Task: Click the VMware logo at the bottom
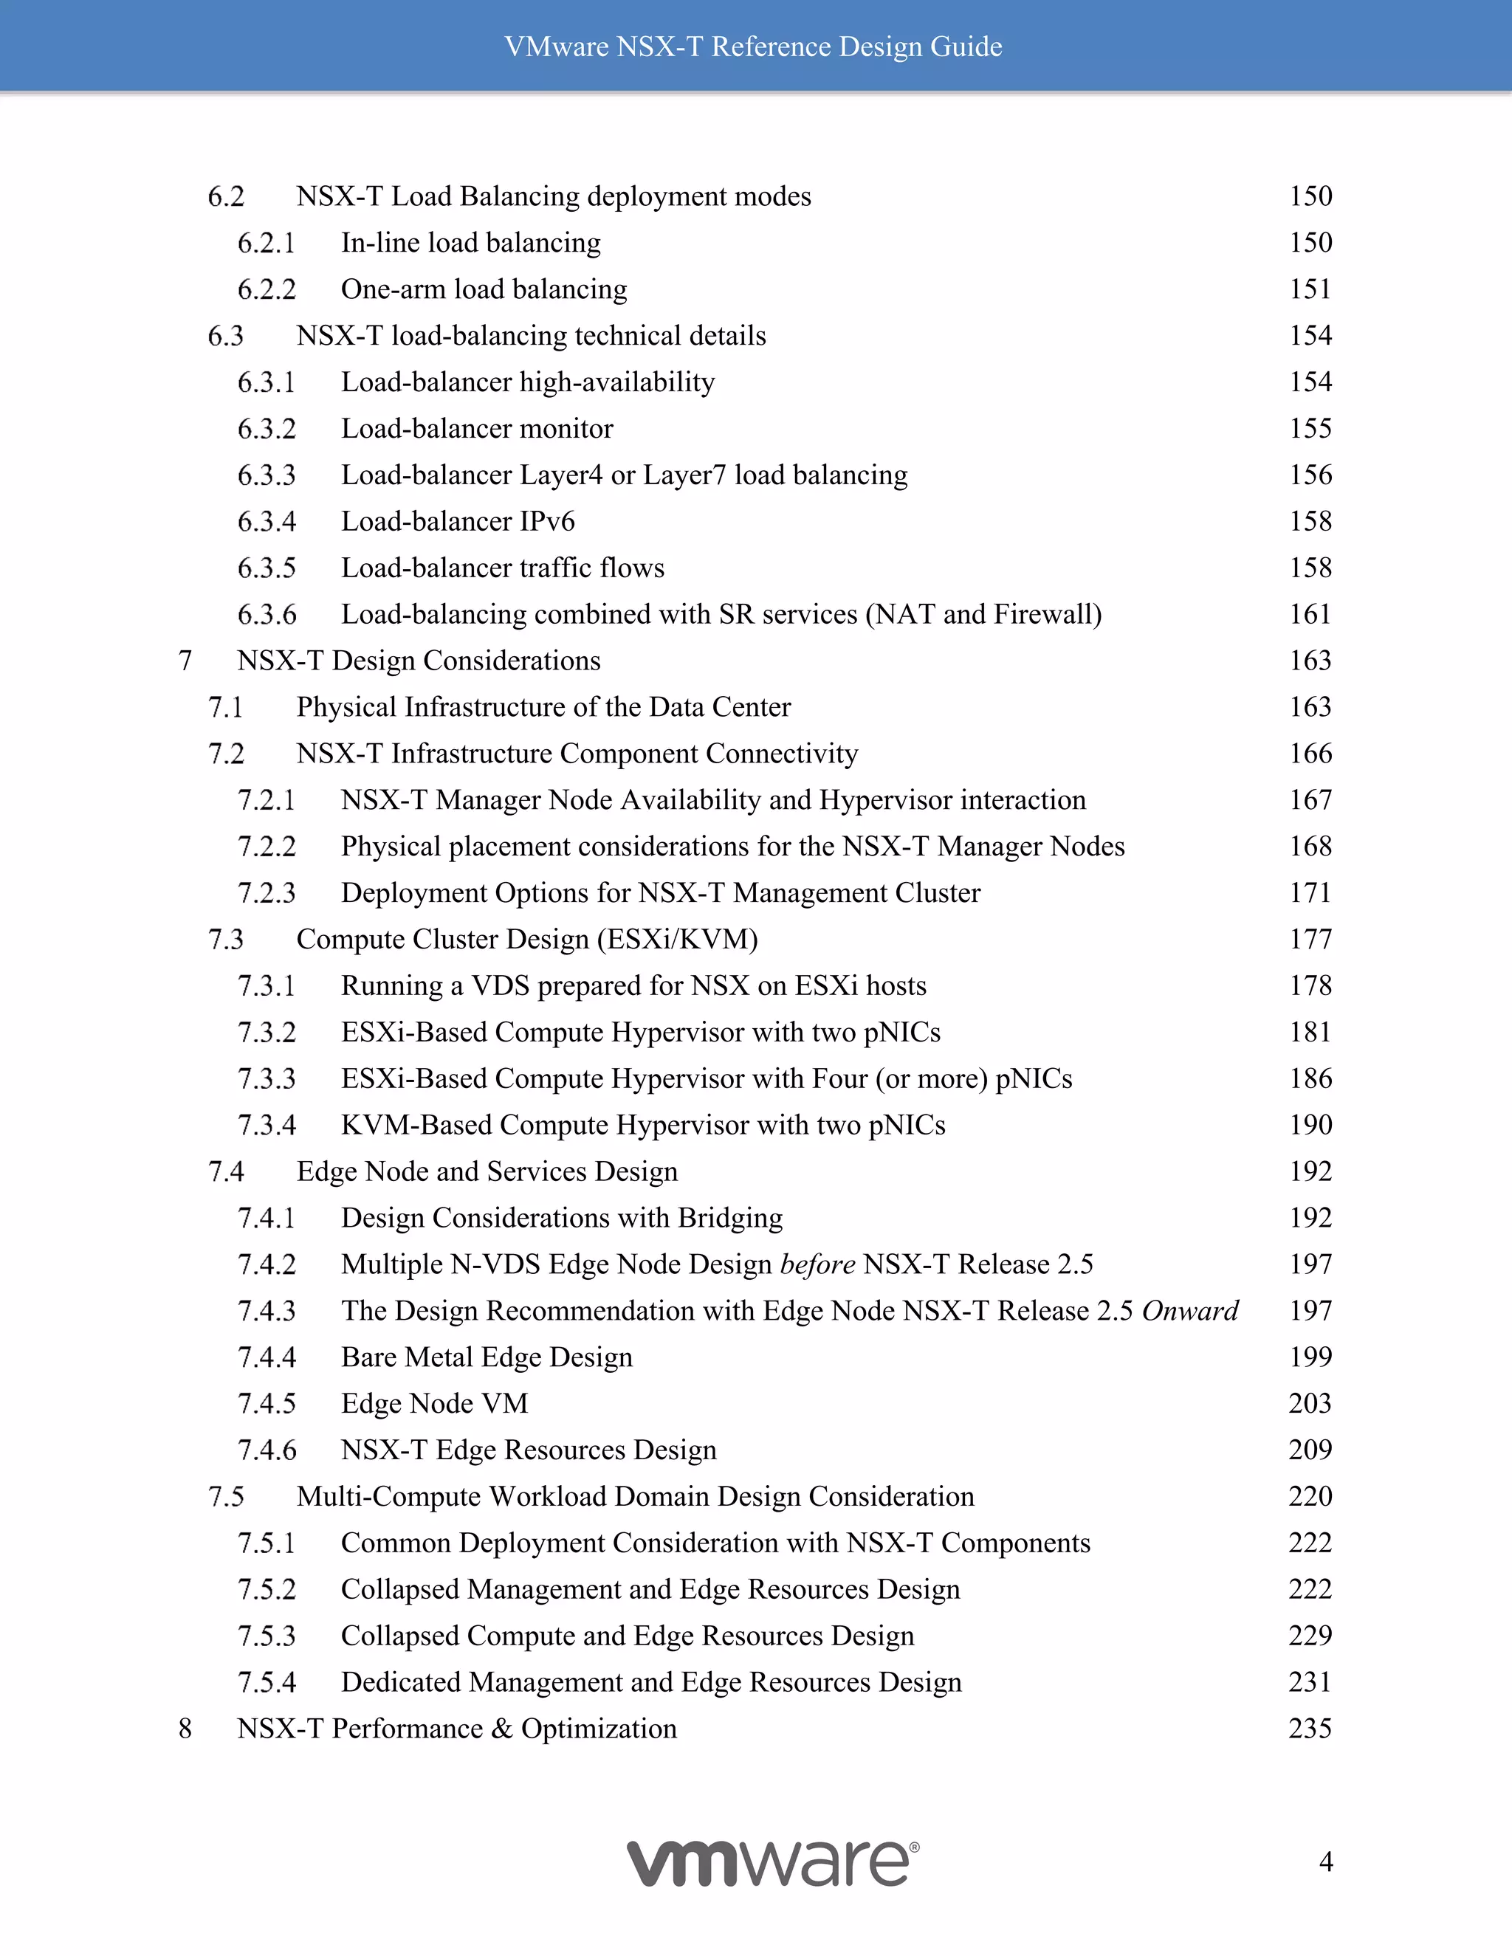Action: [x=772, y=1863]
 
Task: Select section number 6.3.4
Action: [x=266, y=521]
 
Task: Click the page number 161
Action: [x=1310, y=614]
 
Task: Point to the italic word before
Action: [x=818, y=1264]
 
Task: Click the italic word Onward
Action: [x=1190, y=1311]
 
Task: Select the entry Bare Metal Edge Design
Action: [x=487, y=1357]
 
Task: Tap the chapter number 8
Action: [x=185, y=1729]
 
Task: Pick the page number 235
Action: [x=1310, y=1729]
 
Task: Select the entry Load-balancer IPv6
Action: [x=458, y=521]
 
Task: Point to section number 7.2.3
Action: [x=266, y=893]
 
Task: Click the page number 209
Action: [x=1310, y=1450]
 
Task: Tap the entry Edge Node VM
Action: [x=434, y=1403]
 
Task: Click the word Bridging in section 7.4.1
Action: [x=730, y=1218]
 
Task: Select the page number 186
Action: [x=1310, y=1078]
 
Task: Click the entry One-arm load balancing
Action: [x=484, y=289]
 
